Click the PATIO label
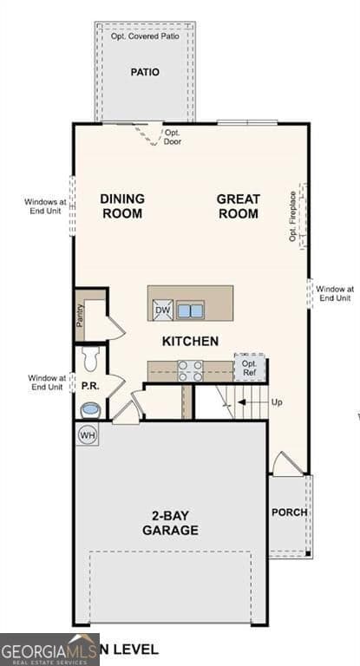pyautogui.click(x=145, y=72)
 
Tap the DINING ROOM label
pyautogui.click(x=122, y=206)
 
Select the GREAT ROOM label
pyautogui.click(x=238, y=206)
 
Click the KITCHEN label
pyautogui.click(x=189, y=341)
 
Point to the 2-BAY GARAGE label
pyautogui.click(x=170, y=523)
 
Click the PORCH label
pyautogui.click(x=289, y=513)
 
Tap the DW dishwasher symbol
pyautogui.click(x=162, y=310)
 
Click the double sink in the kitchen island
pyautogui.click(x=191, y=310)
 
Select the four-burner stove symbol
pyautogui.click(x=191, y=370)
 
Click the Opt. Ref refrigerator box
pyautogui.click(x=250, y=368)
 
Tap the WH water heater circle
pyautogui.click(x=87, y=434)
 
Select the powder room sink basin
pyautogui.click(x=89, y=408)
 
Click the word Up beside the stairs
pyautogui.click(x=277, y=402)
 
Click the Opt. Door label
pyautogui.click(x=173, y=137)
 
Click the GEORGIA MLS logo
pyautogui.click(x=49, y=650)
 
